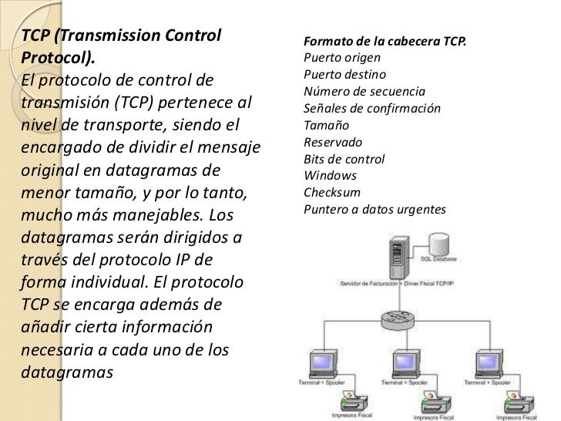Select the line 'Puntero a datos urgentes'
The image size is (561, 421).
(375, 209)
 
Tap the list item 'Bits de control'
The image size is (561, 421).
(344, 159)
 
